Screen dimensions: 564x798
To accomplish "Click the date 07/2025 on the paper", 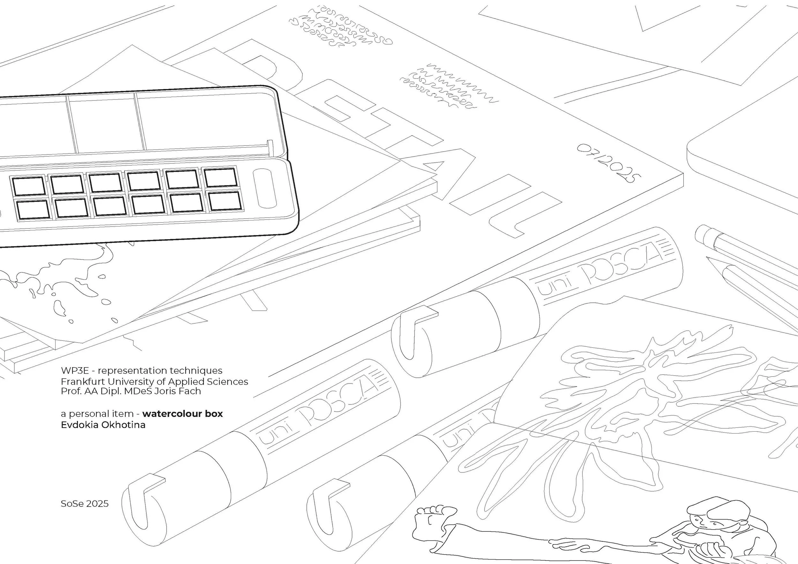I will pos(608,163).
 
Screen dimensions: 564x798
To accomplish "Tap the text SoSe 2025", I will pos(85,504).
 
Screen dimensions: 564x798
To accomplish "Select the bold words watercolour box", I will pos(183,414).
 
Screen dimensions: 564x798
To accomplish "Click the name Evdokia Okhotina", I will pos(103,425).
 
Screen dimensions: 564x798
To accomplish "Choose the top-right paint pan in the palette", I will pos(220,177).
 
